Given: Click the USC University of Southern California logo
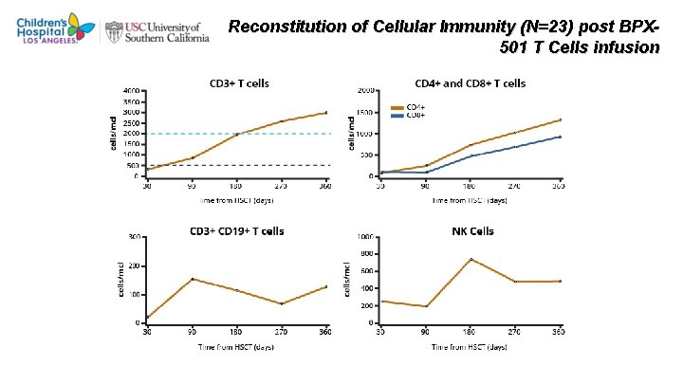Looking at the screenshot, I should tap(161, 29).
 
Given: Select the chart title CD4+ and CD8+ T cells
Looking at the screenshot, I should tap(470, 82).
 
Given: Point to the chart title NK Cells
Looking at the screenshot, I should tap(471, 230).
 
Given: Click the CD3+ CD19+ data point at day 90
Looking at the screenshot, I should tap(193, 279).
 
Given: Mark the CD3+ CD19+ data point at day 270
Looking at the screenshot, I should tap(282, 303).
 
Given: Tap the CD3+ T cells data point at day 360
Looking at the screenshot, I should tap(326, 113).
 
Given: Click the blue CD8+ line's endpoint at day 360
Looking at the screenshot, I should tap(561, 137).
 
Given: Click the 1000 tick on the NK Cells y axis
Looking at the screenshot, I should tap(364, 237).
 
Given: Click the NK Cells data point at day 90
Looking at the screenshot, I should tap(427, 306).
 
